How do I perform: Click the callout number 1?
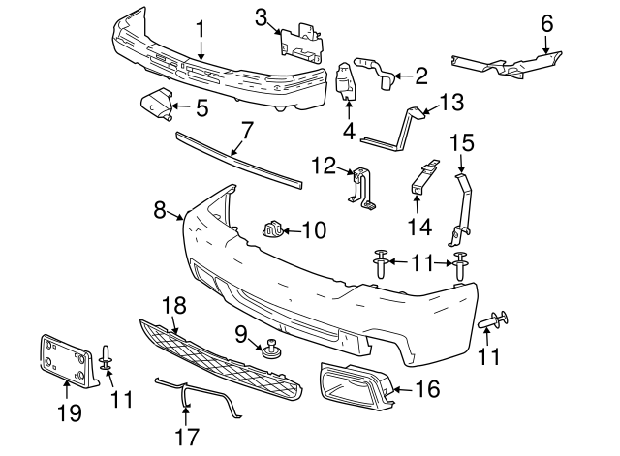(201, 30)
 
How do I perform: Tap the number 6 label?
(547, 21)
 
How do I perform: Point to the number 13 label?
(452, 101)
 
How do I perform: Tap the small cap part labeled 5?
(155, 104)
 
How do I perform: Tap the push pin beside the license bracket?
(107, 360)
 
